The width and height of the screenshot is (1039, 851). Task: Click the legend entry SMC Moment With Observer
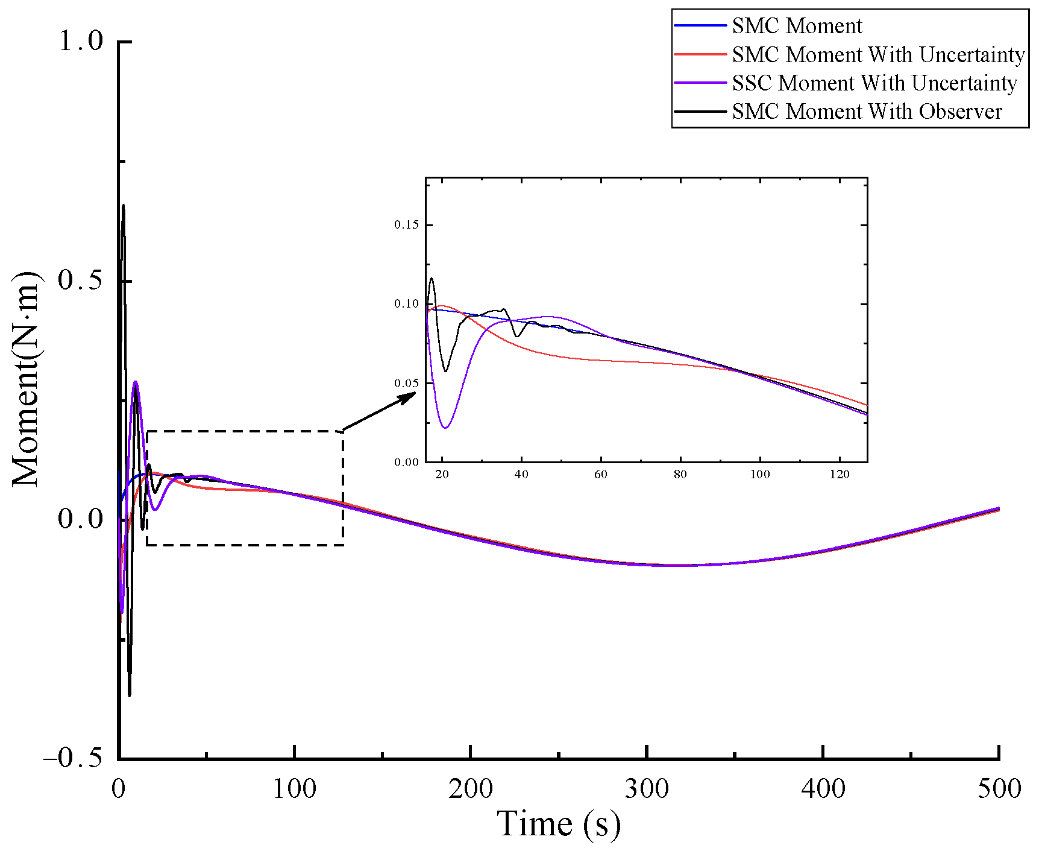pyautogui.click(x=866, y=112)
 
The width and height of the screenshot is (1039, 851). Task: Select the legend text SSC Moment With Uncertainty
pyautogui.click(x=874, y=83)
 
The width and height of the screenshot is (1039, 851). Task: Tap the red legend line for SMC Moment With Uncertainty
pyautogui.click(x=700, y=54)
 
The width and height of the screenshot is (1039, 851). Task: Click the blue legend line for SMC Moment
pyautogui.click(x=700, y=25)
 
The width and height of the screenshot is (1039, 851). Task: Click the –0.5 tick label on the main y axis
pyautogui.click(x=73, y=758)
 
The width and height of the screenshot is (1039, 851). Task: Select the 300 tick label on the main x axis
pyautogui.click(x=646, y=789)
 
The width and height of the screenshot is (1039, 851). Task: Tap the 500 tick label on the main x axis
pyautogui.click(x=999, y=789)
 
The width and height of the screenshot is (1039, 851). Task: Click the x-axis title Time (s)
pyautogui.click(x=558, y=824)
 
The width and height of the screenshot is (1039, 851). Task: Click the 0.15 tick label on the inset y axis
pyautogui.click(x=406, y=225)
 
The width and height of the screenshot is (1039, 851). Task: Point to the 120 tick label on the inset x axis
pyautogui.click(x=840, y=475)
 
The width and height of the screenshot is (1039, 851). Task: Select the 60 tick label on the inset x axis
pyautogui.click(x=601, y=475)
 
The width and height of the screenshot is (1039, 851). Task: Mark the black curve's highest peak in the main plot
pyautogui.click(x=124, y=206)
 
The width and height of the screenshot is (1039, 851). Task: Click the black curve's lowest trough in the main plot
pyautogui.click(x=130, y=695)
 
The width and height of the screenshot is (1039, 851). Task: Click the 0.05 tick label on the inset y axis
pyautogui.click(x=406, y=384)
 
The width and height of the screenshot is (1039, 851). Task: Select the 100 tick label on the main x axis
pyautogui.click(x=294, y=789)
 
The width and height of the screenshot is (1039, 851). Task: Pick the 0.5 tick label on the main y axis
pyautogui.click(x=81, y=280)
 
